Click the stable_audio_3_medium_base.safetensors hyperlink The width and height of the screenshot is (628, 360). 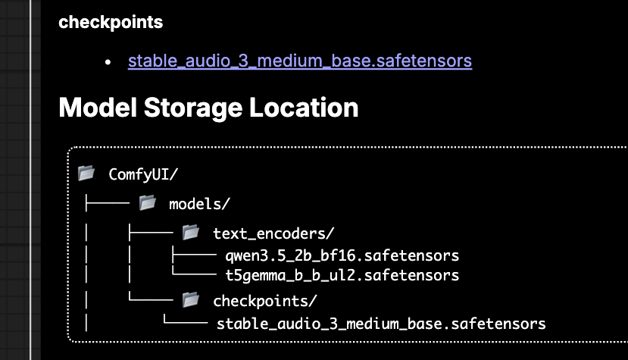coord(300,61)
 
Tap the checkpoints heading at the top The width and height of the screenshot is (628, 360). coord(111,23)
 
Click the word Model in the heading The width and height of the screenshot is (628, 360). coord(98,108)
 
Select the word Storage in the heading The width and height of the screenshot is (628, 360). coord(193,108)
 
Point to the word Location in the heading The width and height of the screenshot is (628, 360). coord(304,108)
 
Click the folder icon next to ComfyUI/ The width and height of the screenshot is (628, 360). coord(86,174)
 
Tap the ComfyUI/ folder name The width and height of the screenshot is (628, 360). coord(143,174)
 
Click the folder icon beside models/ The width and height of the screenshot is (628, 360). coord(148,203)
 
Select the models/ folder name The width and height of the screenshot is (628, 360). coord(199,204)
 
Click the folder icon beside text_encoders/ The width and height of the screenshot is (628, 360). coord(191,233)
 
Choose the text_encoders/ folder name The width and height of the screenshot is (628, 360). coord(273,233)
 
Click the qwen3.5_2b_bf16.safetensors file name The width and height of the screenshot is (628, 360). coord(342,255)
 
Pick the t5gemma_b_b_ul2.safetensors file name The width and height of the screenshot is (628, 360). coord(342,275)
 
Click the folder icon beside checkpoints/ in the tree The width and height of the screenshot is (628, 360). coord(191,300)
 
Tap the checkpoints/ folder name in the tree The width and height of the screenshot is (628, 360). coord(264,301)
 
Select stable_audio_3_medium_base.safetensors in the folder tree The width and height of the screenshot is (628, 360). coord(381,324)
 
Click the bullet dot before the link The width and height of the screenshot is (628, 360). coord(108,62)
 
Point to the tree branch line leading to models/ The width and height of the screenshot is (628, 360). coord(108,203)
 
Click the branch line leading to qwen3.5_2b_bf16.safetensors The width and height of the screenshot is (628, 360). coord(194,255)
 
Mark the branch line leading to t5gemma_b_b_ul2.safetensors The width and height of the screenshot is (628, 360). coord(194,274)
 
